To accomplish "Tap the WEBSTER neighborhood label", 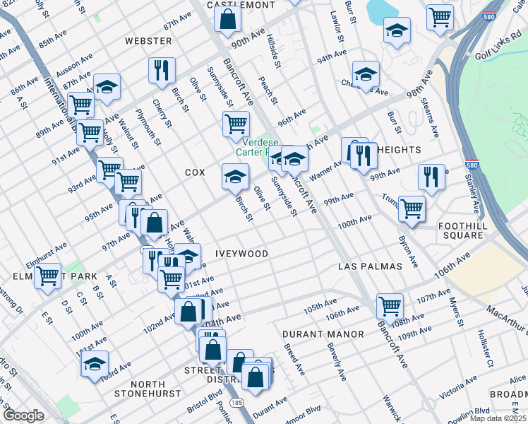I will click(x=148, y=41).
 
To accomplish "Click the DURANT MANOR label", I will click(x=323, y=334).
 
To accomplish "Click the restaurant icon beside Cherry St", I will click(x=162, y=70).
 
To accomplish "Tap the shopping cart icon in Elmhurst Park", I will click(x=47, y=275).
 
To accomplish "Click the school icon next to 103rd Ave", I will click(x=95, y=364).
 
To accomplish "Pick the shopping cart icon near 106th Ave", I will click(x=390, y=305).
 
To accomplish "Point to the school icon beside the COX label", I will click(x=235, y=176).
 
